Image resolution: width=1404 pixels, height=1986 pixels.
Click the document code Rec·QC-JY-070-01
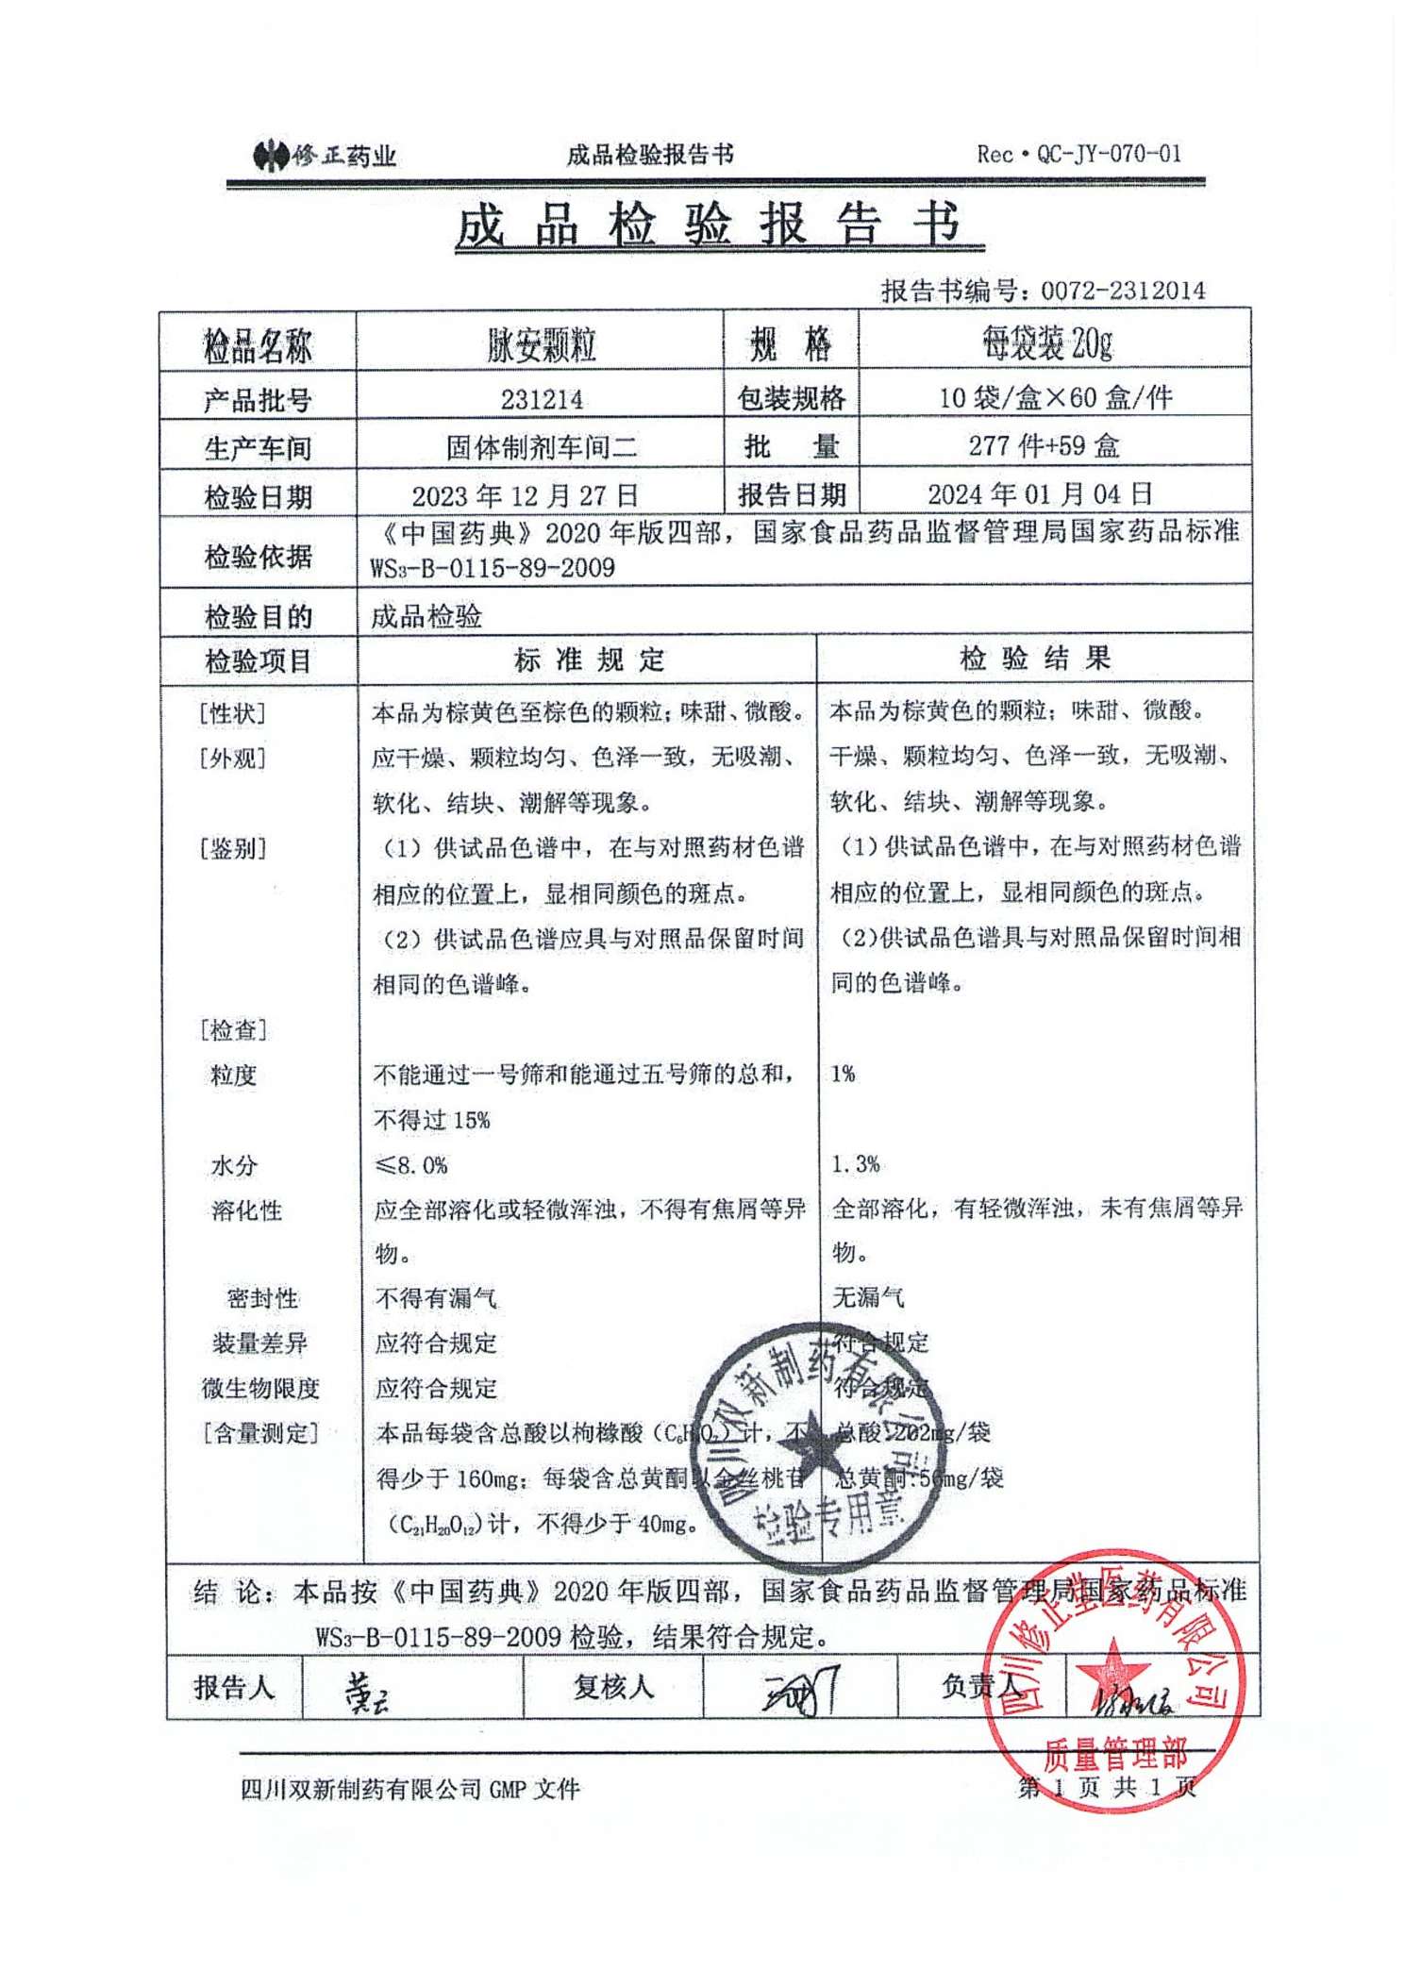[x=1078, y=154]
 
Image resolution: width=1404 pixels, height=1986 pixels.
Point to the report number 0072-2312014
[x=1123, y=290]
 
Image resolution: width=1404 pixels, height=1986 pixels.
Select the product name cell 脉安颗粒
[x=541, y=345]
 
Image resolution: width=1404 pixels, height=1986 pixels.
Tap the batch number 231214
[x=541, y=399]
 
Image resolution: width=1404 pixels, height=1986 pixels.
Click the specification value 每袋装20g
[x=1047, y=343]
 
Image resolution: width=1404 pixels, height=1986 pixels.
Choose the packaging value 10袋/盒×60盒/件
[x=1055, y=397]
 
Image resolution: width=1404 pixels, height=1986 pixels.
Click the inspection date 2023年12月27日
[x=525, y=495]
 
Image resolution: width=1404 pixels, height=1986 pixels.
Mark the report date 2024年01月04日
[x=1040, y=493]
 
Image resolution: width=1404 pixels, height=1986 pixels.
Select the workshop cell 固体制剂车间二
[x=541, y=446]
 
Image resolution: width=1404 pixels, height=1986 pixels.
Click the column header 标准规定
[x=589, y=659]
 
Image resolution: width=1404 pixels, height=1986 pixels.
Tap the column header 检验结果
[x=1034, y=658]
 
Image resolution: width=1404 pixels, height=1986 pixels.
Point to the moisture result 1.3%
[x=855, y=1164]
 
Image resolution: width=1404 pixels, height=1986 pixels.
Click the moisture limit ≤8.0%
[x=410, y=1165]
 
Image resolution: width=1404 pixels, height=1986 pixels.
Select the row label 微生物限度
[x=260, y=1388]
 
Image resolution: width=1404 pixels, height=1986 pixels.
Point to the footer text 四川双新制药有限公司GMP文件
[x=409, y=1789]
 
